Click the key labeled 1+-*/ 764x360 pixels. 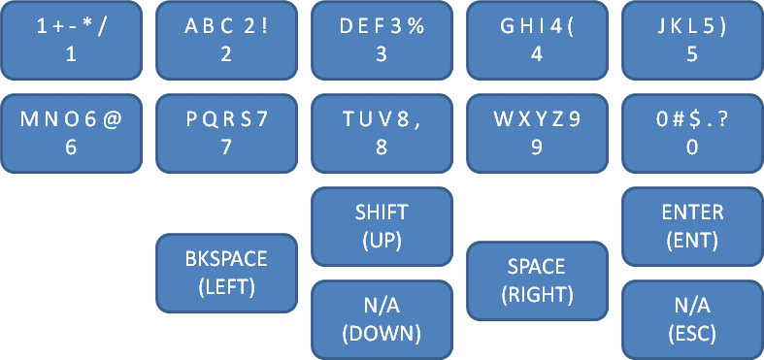coord(71,41)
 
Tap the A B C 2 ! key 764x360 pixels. coord(226,41)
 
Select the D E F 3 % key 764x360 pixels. coord(382,41)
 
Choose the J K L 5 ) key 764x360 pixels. coord(692,41)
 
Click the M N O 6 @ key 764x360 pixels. coord(71,133)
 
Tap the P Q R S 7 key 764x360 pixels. coord(226,133)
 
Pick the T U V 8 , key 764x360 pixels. coord(382,133)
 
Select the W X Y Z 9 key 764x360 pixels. coord(537,133)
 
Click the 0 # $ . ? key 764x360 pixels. coord(692,133)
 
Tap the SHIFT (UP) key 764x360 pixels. coord(382,226)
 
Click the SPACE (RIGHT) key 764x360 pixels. coord(537,280)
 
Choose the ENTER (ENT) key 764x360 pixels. coord(692,226)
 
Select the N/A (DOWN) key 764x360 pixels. coord(382,319)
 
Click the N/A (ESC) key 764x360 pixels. coord(692,319)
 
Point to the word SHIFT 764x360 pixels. coord(382,213)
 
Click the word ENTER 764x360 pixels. coord(692,213)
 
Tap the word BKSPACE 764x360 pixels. coord(226,260)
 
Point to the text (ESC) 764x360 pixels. coord(692,333)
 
